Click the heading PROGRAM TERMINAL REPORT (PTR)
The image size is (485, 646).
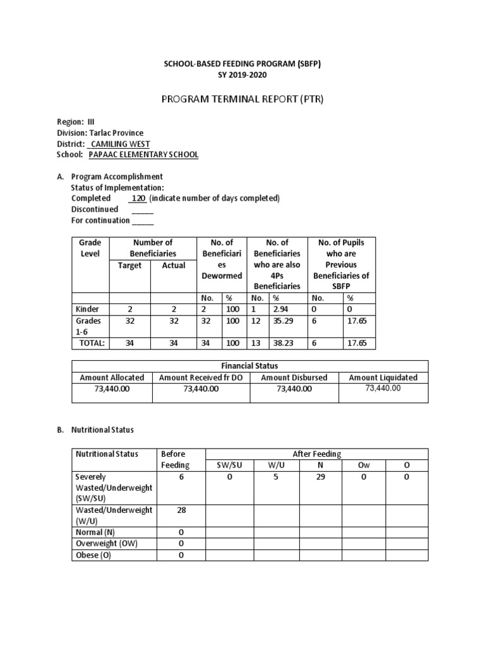[242, 99]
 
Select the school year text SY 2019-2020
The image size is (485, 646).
[242, 75]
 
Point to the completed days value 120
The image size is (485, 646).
[138, 198]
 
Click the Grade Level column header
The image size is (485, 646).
[90, 248]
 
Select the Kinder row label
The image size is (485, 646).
[86, 309]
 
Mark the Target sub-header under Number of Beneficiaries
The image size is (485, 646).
[129, 265]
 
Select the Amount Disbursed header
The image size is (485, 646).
[294, 377]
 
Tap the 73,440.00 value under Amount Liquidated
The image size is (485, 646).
[383, 389]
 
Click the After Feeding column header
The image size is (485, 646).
[317, 454]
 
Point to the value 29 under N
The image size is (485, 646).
[320, 478]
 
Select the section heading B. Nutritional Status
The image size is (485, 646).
[95, 430]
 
